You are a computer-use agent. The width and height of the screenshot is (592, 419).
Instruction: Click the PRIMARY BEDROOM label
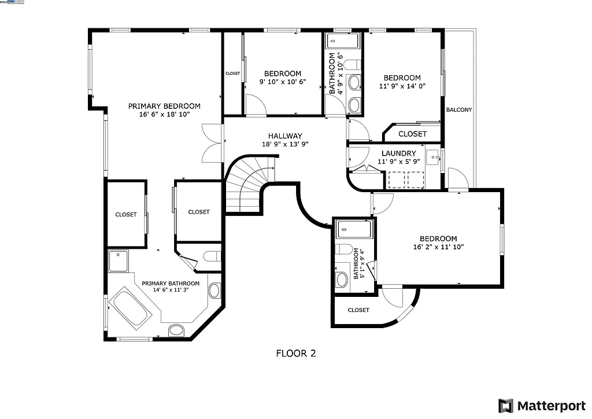164,106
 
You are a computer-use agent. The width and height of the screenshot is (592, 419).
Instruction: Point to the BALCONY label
458,109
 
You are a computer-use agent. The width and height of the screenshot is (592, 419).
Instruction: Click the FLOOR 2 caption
295,353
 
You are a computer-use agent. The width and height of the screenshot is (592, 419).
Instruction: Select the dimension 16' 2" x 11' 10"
438,247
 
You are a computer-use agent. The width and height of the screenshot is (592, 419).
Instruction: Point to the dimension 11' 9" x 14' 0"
402,86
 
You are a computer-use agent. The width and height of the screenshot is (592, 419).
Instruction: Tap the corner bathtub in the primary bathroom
130,307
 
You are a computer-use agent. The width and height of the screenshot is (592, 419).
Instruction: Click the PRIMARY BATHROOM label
171,284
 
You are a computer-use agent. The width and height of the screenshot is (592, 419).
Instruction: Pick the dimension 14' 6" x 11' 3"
171,291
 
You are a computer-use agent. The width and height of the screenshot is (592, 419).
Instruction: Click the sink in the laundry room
432,157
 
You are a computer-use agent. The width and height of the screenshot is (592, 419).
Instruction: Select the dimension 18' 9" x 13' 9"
285,144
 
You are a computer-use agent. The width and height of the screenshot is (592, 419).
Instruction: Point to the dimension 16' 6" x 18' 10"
164,115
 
